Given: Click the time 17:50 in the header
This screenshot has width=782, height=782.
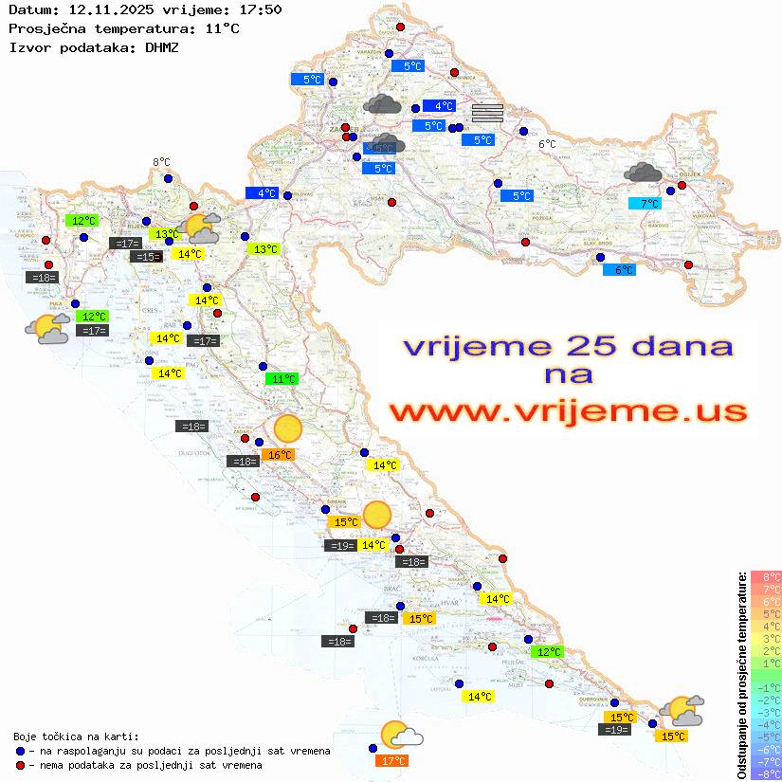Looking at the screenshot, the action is click(x=258, y=9).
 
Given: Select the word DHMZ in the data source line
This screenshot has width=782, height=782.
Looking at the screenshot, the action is click(x=162, y=46).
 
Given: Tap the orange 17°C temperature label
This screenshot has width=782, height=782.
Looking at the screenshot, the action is click(x=392, y=760).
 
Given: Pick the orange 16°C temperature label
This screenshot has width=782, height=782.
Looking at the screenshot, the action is click(x=281, y=455).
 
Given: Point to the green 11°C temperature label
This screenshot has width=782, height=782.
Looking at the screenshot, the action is click(x=281, y=379).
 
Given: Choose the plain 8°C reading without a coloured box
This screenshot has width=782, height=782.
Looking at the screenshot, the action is click(x=161, y=163).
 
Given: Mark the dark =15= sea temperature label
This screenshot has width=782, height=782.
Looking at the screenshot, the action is click(x=145, y=257).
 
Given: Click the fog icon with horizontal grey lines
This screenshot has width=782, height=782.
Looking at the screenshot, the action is click(x=487, y=113).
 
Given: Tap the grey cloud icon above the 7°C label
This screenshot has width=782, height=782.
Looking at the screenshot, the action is click(x=644, y=173).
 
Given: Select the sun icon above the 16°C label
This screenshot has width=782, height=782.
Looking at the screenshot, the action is click(x=287, y=429).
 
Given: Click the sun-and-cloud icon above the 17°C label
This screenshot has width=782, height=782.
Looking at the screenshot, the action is click(x=400, y=735).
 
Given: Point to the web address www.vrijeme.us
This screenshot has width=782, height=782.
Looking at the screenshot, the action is click(x=567, y=411).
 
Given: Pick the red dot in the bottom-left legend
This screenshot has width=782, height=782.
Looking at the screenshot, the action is click(x=20, y=765).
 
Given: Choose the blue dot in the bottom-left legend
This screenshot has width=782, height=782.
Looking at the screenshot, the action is click(x=20, y=751).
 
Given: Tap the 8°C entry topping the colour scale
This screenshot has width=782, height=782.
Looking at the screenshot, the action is click(x=767, y=576).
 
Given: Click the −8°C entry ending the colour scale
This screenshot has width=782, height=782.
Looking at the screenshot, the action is click(x=767, y=773).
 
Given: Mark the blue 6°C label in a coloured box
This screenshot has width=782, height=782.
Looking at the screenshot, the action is click(x=619, y=270).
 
